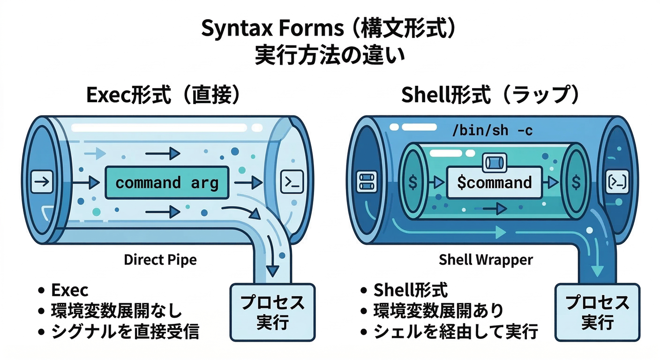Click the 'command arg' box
[166, 182]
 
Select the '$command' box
[494, 182]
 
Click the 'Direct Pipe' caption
[160, 260]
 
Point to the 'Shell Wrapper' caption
[486, 260]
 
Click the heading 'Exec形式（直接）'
[164, 96]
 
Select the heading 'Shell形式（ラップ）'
[491, 96]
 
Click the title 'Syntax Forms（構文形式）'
[329, 29]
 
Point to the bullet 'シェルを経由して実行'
[455, 332]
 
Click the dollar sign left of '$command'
[412, 182]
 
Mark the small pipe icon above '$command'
[494, 162]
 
